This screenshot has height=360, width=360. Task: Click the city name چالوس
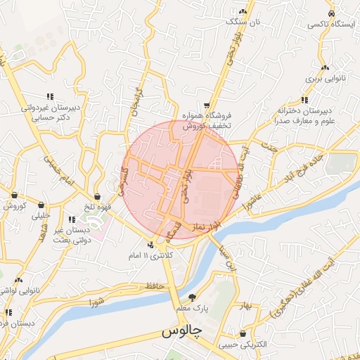click(182, 330)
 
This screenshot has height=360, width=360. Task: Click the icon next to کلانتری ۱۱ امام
click(150, 245)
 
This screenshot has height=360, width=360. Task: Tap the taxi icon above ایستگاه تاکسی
click(330, 14)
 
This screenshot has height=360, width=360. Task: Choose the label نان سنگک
click(243, 22)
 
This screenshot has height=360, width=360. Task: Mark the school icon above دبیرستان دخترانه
click(304, 99)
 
